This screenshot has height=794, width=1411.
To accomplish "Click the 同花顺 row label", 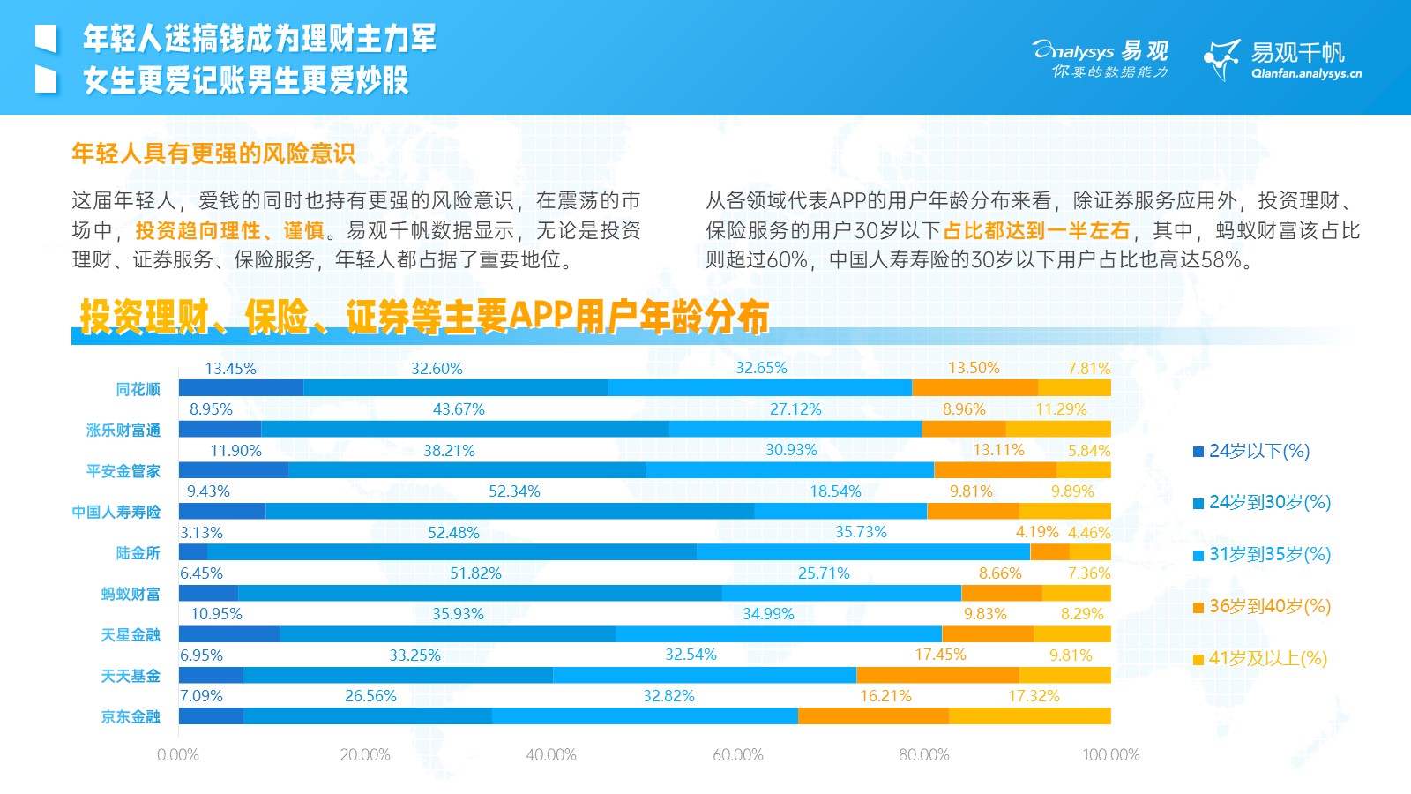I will pos(138,389).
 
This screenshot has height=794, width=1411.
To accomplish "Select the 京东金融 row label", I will pos(131,716).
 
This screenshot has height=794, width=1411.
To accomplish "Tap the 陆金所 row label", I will pos(138,553).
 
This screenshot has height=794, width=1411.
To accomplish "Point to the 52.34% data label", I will pos(514,491).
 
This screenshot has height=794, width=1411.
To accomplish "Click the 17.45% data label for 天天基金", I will pos(940,655).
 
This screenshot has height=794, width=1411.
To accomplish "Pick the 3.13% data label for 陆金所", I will pos(201,533).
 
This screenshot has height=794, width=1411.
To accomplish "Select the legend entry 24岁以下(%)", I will pos(1258,451).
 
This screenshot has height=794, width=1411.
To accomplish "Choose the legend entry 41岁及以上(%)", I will pos(1267,658).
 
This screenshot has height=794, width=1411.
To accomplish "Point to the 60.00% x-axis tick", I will pos(738,755).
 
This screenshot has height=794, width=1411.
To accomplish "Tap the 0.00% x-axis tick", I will pos(178,755).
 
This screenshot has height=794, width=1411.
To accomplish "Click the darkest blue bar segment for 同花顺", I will pos(241,388).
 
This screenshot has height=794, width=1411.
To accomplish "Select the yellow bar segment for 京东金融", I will pos(1029,716).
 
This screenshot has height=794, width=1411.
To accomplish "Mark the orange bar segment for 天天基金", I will pos(937,676).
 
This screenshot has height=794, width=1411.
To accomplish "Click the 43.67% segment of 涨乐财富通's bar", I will pos(465,430).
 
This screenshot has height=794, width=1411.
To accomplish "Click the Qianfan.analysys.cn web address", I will pos(1306,74).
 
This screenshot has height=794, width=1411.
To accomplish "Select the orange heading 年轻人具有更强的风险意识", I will pos(213,154).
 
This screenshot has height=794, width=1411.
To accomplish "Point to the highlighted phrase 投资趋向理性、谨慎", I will pos(229,231).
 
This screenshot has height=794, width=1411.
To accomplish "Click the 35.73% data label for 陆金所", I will pos(861,532).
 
